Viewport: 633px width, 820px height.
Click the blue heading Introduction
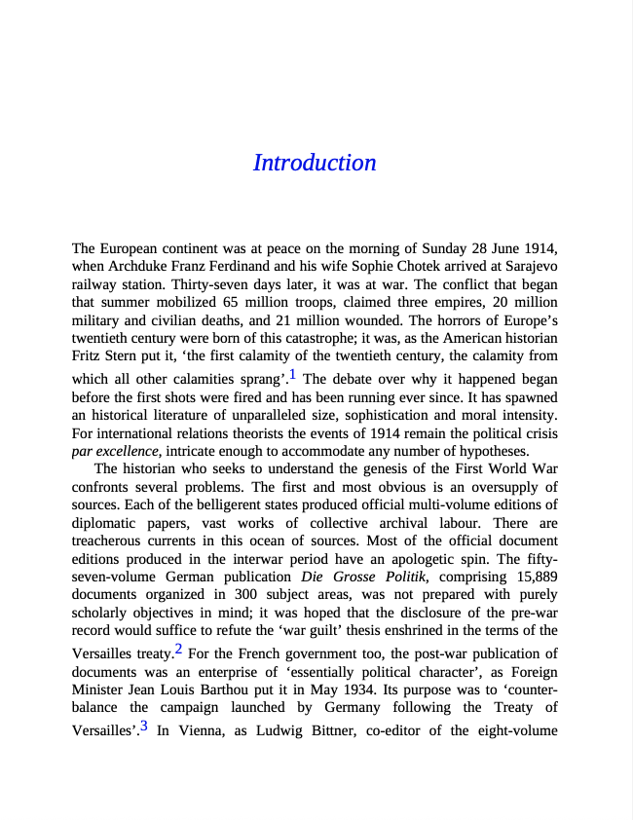(x=315, y=163)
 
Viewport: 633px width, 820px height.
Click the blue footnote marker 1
(x=293, y=376)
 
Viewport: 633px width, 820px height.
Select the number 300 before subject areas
(x=249, y=596)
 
